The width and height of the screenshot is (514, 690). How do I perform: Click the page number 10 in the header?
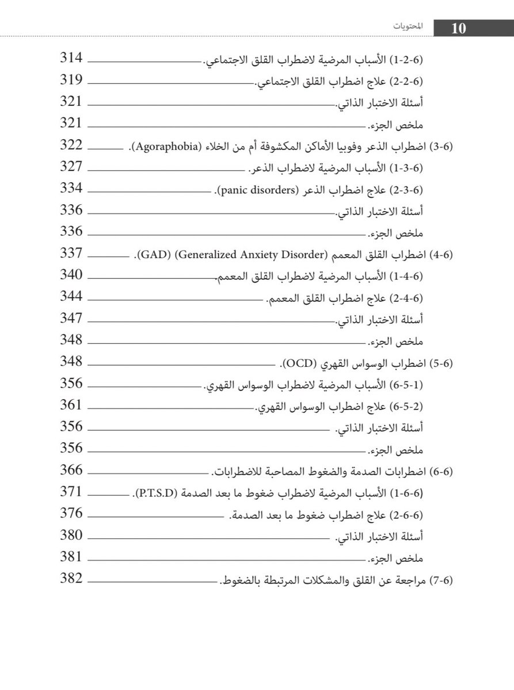[459, 29]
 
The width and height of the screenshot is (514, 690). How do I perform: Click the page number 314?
[71, 59]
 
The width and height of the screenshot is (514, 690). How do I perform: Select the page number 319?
[71, 80]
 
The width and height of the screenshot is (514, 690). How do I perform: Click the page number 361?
[71, 405]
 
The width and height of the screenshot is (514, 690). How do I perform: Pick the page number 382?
[71, 579]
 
